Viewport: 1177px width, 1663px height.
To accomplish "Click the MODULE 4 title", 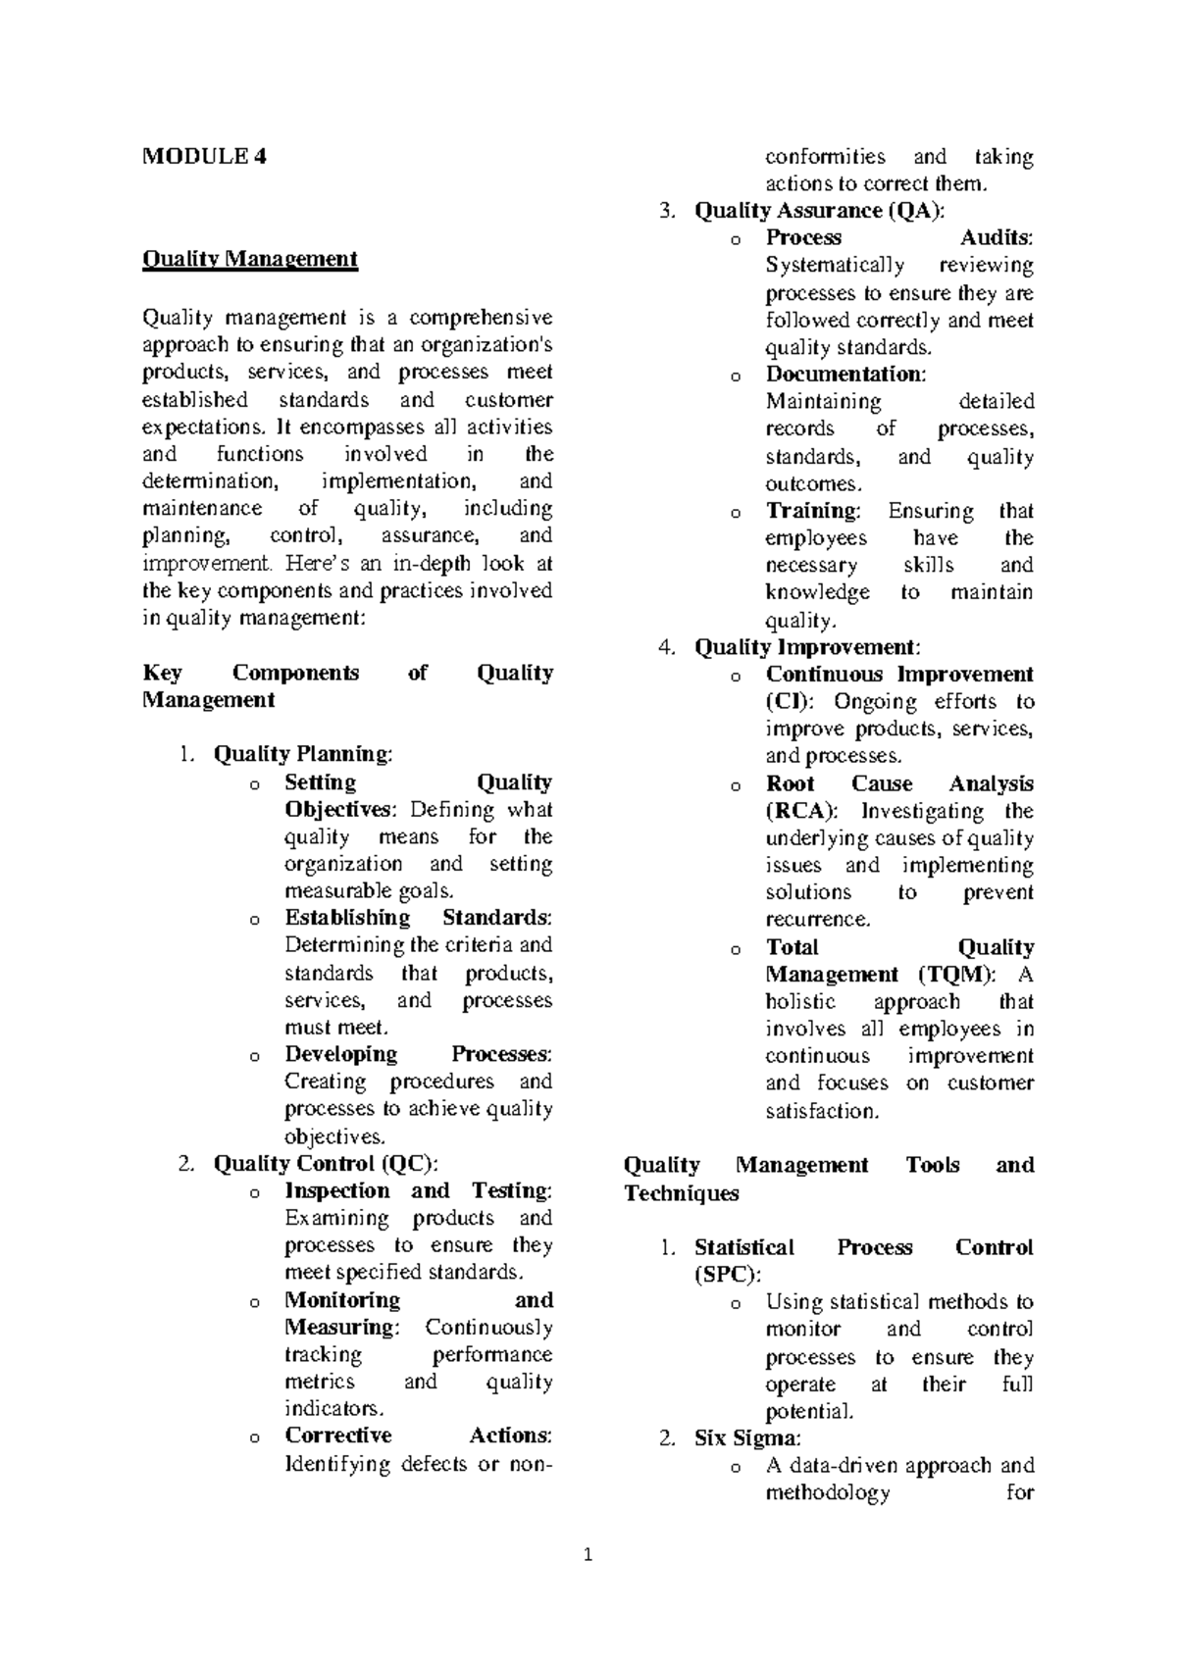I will [x=204, y=156].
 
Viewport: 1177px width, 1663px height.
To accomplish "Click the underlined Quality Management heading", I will [x=250, y=259].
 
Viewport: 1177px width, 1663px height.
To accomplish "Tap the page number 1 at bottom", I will [x=588, y=1555].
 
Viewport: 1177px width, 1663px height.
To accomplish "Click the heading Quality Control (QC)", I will [x=325, y=1164].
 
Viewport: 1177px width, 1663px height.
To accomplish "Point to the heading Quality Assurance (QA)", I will [x=819, y=211].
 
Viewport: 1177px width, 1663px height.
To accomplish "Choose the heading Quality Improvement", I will [x=806, y=647].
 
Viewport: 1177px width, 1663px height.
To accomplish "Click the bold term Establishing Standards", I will [x=417, y=918].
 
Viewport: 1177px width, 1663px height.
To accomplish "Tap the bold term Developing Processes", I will [x=417, y=1054].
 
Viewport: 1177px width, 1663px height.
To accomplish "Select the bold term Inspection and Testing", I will [x=417, y=1190].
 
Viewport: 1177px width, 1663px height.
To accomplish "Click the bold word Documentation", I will [x=844, y=374].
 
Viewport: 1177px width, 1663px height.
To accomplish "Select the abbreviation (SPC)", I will [x=726, y=1275].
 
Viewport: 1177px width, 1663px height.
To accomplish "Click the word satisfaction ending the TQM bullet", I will [x=822, y=1111].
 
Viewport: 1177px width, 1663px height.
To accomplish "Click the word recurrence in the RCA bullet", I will [x=817, y=920].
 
